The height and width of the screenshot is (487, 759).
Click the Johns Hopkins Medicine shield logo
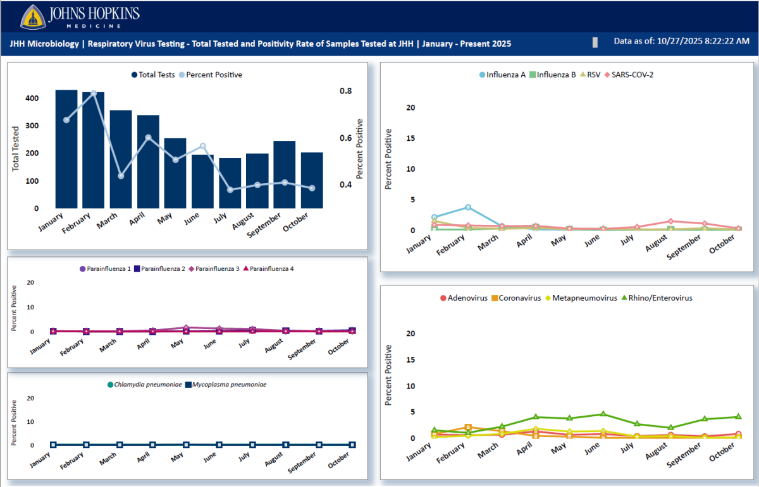coord(33,16)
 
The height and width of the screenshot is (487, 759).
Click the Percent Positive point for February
coord(94,93)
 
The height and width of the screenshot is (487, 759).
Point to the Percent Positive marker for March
coord(121,176)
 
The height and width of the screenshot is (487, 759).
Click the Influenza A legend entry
coord(503,75)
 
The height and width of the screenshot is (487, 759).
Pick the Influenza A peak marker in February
coord(468,207)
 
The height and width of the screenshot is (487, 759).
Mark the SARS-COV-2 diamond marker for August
coord(670,221)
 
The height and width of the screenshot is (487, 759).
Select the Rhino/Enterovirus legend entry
coord(657,298)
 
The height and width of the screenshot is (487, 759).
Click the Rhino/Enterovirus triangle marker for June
coord(603,414)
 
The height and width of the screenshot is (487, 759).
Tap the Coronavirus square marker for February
coord(468,427)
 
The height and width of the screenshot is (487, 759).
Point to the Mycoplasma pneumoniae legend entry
coord(225,384)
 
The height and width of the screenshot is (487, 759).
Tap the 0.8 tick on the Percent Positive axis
coord(345,91)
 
